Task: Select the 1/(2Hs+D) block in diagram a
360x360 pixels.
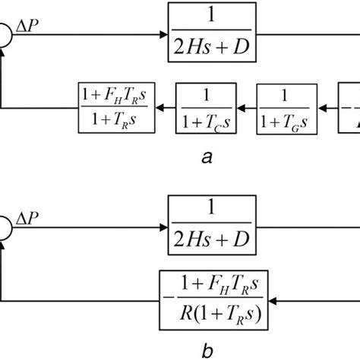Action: coord(213,34)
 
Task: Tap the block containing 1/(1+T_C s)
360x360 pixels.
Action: coord(207,111)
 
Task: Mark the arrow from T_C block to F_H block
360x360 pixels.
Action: coord(167,111)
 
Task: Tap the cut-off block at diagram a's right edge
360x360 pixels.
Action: coord(351,111)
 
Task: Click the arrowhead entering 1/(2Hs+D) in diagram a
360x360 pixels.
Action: coord(163,34)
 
